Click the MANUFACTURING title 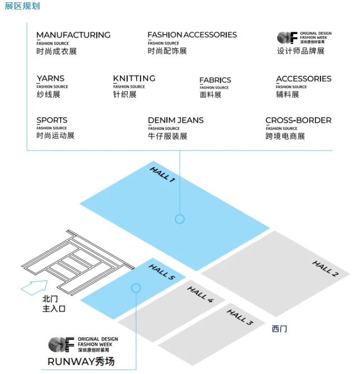[x=73, y=35]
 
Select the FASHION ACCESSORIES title [x=192, y=35]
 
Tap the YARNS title [x=50, y=79]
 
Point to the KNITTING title [x=134, y=79]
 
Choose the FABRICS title [x=215, y=80]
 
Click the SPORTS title [x=52, y=120]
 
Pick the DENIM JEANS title [x=176, y=120]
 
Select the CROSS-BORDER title [x=298, y=120]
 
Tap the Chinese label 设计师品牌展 [x=301, y=51]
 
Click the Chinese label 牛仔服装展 [x=168, y=136]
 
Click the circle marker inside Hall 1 [x=179, y=219]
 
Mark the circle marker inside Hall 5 [x=135, y=288]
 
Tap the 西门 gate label [x=279, y=329]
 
